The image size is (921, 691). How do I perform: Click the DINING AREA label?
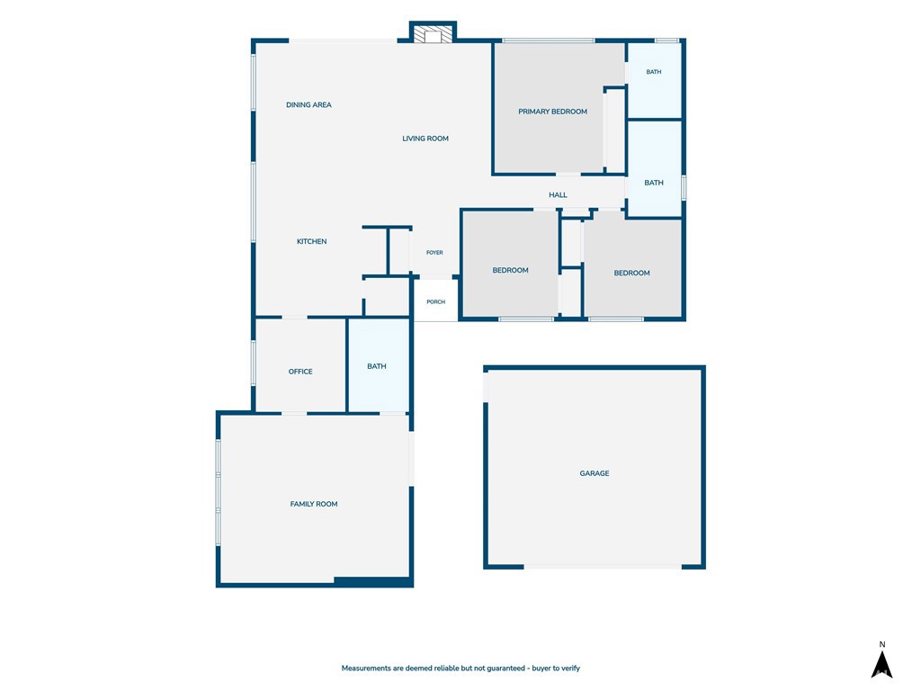pos(308,105)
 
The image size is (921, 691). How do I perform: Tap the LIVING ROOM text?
pos(425,139)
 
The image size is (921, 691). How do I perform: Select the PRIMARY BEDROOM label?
pos(553,112)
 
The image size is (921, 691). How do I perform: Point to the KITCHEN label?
pos(312,241)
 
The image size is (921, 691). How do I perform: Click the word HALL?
pos(558,195)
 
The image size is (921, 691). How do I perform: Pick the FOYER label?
pos(434,253)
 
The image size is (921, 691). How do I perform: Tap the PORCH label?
pos(436,302)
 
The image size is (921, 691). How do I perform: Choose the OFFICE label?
pos(300,372)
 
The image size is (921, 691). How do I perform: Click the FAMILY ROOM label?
pos(314,504)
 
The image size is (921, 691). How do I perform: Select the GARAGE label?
pos(595,473)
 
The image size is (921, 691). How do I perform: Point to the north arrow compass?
pos(881,660)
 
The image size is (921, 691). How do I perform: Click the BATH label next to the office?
pos(377,367)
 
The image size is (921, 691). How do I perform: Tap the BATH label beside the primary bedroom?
pos(654,72)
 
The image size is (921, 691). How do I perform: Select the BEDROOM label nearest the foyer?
pos(511,270)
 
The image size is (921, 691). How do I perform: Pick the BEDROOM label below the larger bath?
pos(632,274)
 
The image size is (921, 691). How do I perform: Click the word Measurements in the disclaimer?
pos(367,669)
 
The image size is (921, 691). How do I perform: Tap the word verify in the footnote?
pos(570,669)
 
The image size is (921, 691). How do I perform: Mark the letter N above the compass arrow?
pos(881,644)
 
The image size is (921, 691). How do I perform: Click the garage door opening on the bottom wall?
pos(603,567)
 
